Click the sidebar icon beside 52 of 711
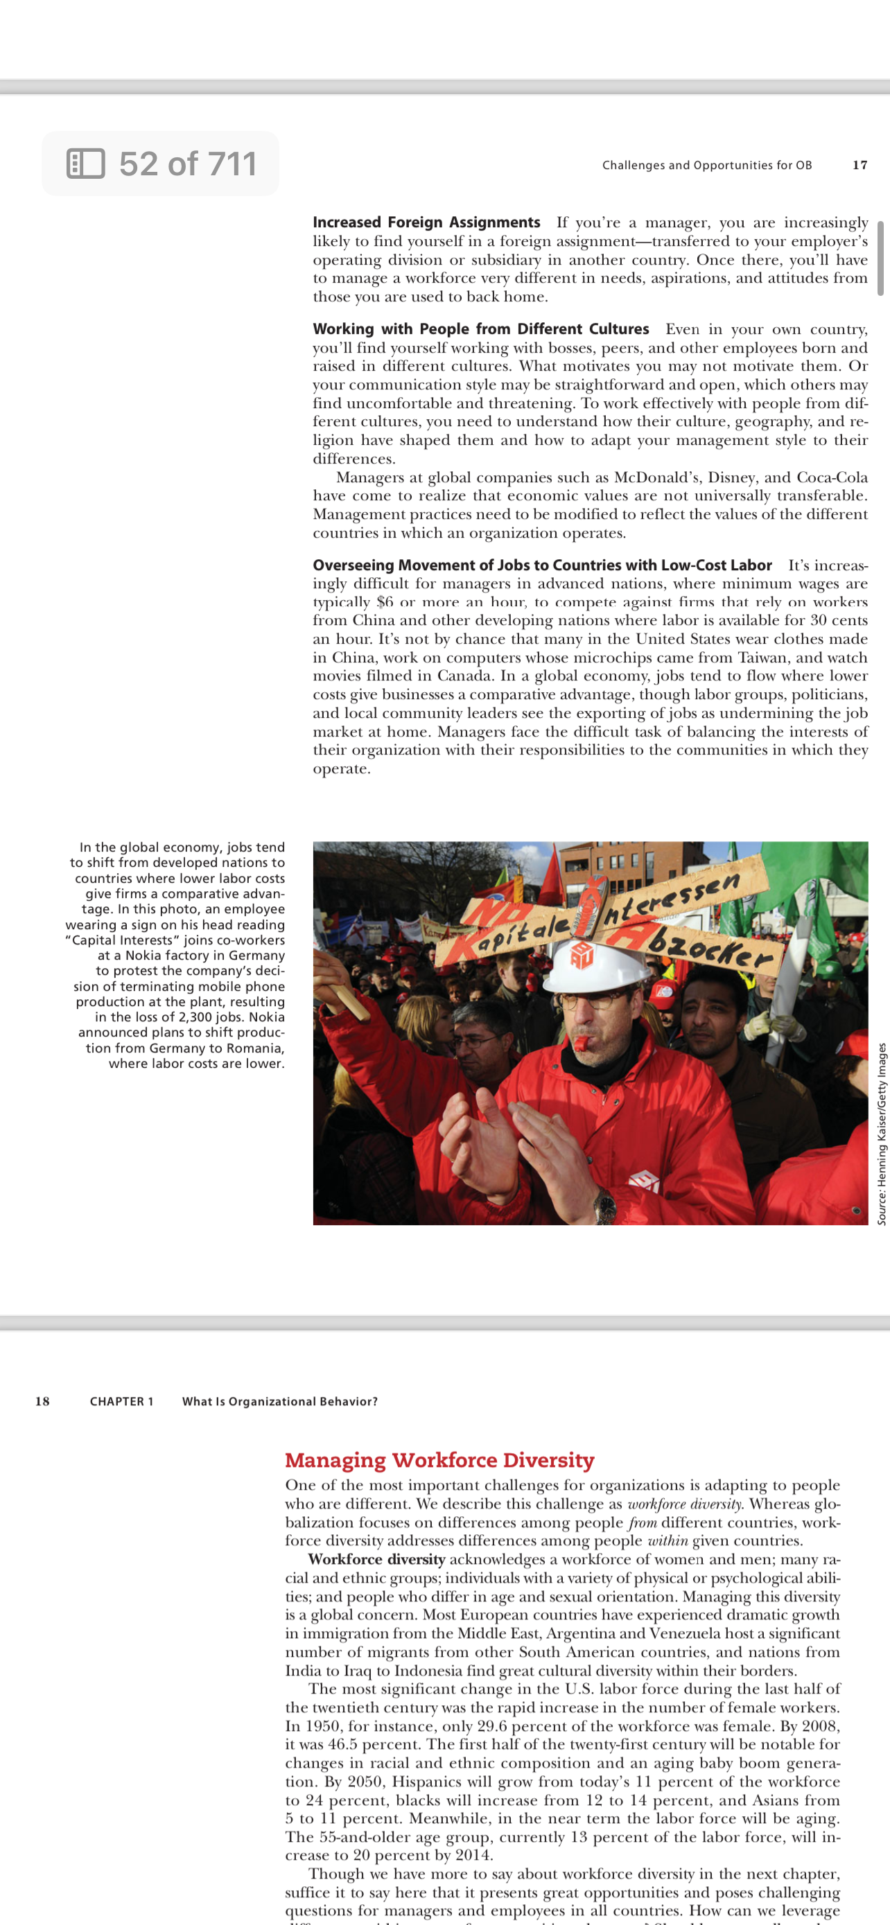[85, 164]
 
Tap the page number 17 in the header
[860, 165]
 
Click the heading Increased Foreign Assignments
[426, 222]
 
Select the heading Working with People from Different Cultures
[480, 330]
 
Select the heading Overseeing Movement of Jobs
[542, 565]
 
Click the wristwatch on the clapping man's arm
[604, 1204]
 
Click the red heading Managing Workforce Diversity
[439, 1459]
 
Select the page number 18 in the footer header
[42, 1401]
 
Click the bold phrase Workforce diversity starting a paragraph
[376, 1560]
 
